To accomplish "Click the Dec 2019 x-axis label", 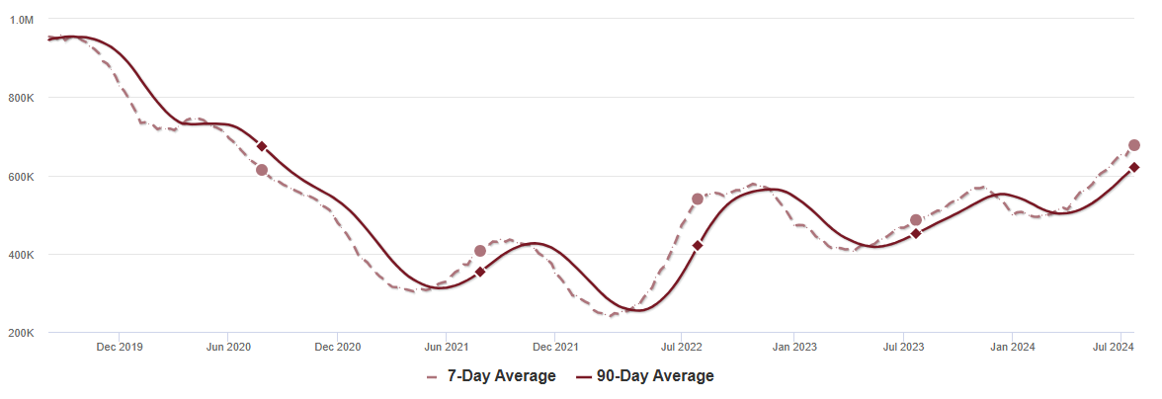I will coord(119,347).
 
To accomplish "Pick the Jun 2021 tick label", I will coord(446,347).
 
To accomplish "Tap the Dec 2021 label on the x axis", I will coord(555,347).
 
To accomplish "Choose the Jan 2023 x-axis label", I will coord(793,347).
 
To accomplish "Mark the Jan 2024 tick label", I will coord(1012,347).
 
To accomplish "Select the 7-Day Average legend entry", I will coord(491,376).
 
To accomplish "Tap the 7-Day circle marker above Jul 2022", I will coord(698,199).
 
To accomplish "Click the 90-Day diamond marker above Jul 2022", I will coord(698,245).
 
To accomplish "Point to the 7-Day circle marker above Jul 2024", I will coord(1134,145).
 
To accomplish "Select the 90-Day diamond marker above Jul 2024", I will coord(1134,168).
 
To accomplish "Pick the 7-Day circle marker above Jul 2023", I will coord(916,220).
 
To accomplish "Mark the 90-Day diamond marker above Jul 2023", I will coord(916,233).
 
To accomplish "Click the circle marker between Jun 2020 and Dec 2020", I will coord(262,170).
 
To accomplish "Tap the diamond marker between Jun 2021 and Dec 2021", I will coord(480,272).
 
